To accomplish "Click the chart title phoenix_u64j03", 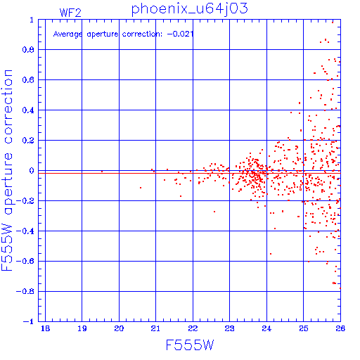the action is pyautogui.click(x=189, y=9).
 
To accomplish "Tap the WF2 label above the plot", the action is pyautogui.click(x=70, y=13).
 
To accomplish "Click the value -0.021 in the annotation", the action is pyautogui.click(x=180, y=34).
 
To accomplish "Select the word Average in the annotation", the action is pyautogui.click(x=68, y=34).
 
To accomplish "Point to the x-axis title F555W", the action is pyautogui.click(x=190, y=345).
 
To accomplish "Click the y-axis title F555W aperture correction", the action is pyautogui.click(x=7, y=170).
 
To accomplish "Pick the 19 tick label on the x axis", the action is pyautogui.click(x=82, y=328).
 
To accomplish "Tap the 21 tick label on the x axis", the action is pyautogui.click(x=155, y=328).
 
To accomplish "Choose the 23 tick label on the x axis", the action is pyautogui.click(x=229, y=328).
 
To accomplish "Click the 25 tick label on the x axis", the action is pyautogui.click(x=303, y=328).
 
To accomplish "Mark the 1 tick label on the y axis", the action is pyautogui.click(x=32, y=20).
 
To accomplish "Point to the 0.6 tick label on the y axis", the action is pyautogui.click(x=28, y=80).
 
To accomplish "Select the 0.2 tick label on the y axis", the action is pyautogui.click(x=28, y=141).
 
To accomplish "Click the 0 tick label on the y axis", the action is pyautogui.click(x=32, y=171).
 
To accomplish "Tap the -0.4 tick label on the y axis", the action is pyautogui.click(x=25, y=231).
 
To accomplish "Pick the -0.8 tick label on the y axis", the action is pyautogui.click(x=25, y=292).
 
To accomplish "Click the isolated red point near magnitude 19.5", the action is pyautogui.click(x=102, y=172).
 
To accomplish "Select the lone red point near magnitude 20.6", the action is pyautogui.click(x=141, y=188).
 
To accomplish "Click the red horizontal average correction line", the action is pyautogui.click(x=189, y=173).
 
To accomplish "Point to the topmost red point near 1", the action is pyautogui.click(x=333, y=22).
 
